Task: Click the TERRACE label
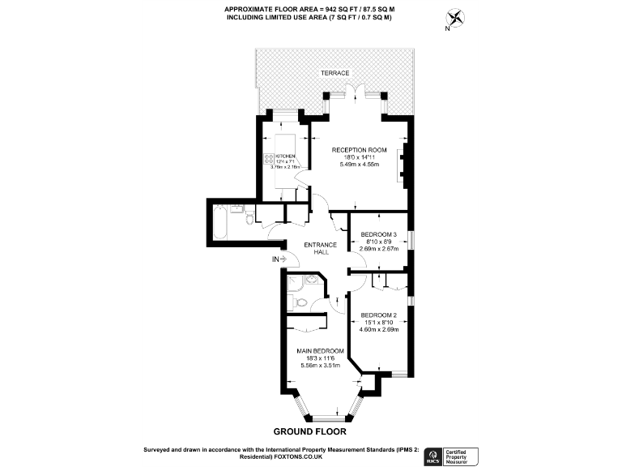(334, 73)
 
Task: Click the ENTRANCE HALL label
(321, 248)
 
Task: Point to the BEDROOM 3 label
(378, 234)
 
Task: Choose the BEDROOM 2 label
(378, 315)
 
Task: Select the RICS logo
(431, 456)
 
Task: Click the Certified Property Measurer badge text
(462, 456)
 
